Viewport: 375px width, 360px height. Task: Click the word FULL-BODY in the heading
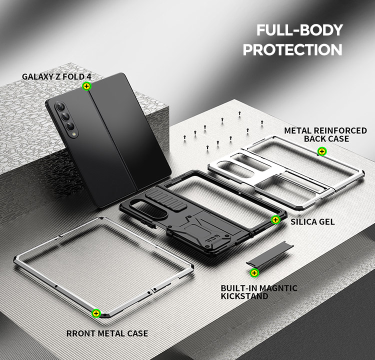click(299, 30)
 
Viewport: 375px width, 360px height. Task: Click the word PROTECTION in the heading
click(292, 50)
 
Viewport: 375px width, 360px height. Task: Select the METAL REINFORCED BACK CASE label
click(325, 134)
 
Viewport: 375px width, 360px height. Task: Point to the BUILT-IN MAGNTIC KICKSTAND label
click(259, 292)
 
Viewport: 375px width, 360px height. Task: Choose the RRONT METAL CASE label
click(107, 333)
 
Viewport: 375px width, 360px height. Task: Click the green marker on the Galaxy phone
click(86, 86)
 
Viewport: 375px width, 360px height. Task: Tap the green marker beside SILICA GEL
click(275, 219)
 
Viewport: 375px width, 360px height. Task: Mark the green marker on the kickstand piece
click(254, 273)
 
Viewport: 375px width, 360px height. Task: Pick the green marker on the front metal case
click(96, 313)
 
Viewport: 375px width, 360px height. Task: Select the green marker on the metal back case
click(321, 151)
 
